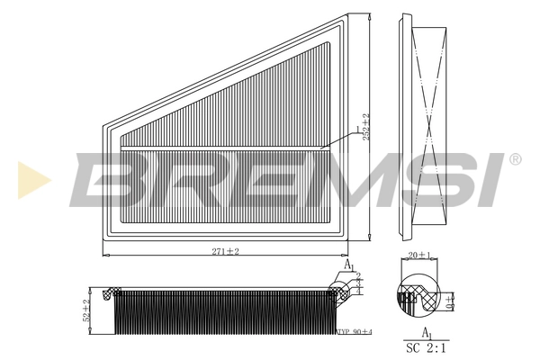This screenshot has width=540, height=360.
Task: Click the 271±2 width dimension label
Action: (226, 251)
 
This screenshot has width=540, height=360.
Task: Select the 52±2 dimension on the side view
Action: (87, 311)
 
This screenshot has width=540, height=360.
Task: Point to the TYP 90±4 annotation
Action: (354, 333)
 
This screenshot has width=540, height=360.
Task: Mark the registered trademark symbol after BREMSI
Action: (515, 159)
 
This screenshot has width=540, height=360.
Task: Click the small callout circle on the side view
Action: (340, 290)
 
